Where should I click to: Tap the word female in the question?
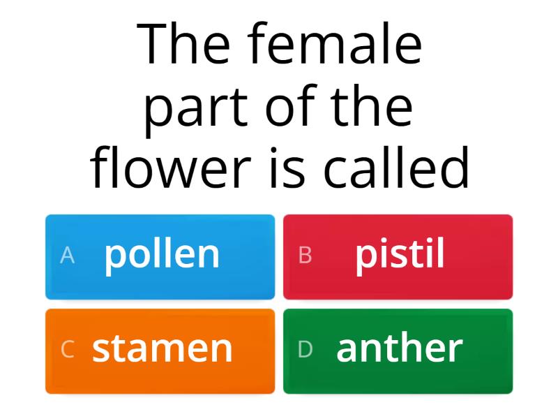click(335, 45)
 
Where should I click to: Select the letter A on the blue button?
click(67, 256)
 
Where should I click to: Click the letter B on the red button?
click(305, 256)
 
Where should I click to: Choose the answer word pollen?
click(162, 256)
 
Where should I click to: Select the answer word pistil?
click(400, 256)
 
